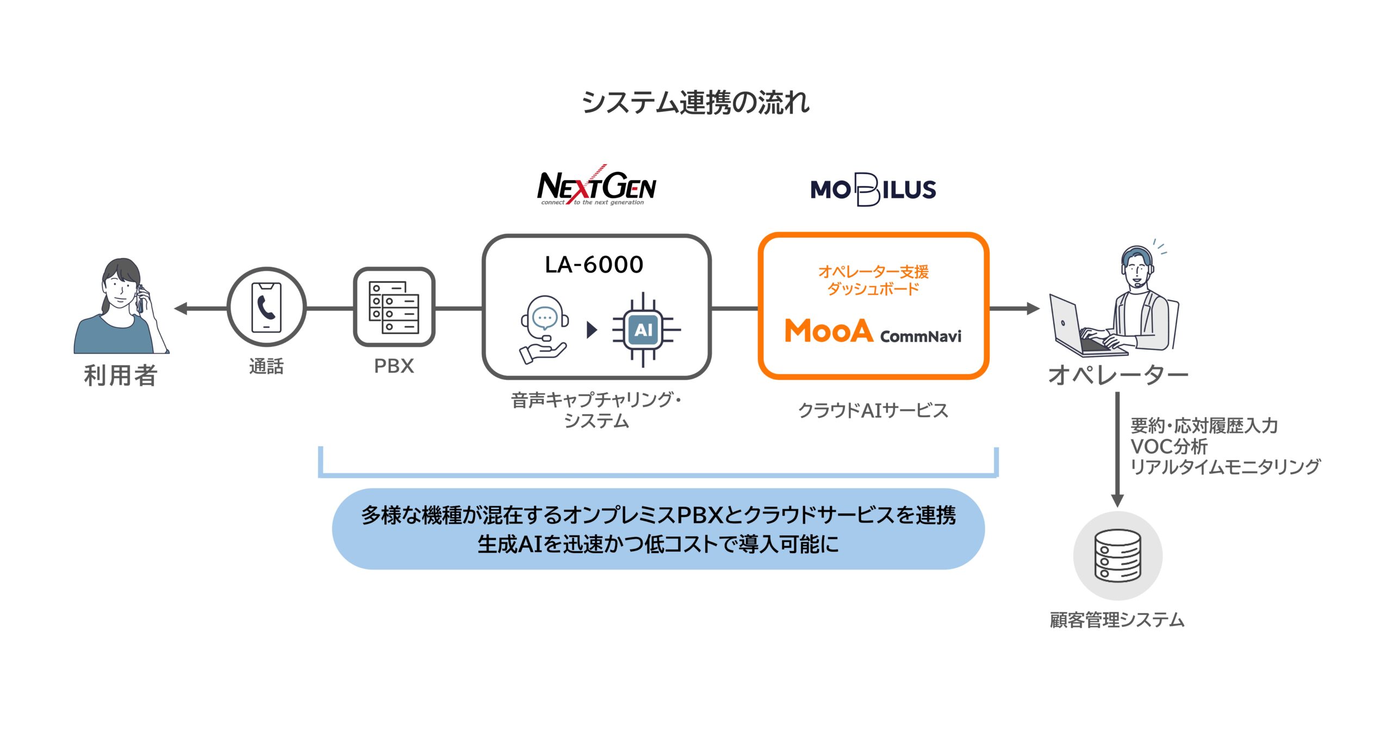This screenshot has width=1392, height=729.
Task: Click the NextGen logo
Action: pyautogui.click(x=596, y=185)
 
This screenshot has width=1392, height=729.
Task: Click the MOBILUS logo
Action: pyautogui.click(x=873, y=189)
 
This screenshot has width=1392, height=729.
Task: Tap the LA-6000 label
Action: pyautogui.click(x=594, y=265)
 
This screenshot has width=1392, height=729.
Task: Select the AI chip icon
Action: pyautogui.click(x=645, y=330)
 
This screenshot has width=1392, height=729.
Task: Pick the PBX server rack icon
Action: pyautogui.click(x=394, y=307)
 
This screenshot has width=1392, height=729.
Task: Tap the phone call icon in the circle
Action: pyautogui.click(x=266, y=307)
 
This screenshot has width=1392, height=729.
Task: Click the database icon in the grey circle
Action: pyautogui.click(x=1117, y=555)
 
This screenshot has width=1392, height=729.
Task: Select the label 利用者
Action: pyautogui.click(x=121, y=375)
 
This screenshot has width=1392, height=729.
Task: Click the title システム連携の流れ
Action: pyautogui.click(x=696, y=102)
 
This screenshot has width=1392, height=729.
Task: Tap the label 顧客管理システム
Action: pyautogui.click(x=1117, y=620)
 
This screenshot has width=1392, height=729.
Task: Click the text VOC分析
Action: pyautogui.click(x=1169, y=447)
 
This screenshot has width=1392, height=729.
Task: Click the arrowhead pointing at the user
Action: pyautogui.click(x=181, y=308)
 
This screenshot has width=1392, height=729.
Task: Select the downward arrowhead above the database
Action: pyautogui.click(x=1117, y=500)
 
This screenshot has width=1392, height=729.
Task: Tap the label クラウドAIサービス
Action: pyautogui.click(x=873, y=411)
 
